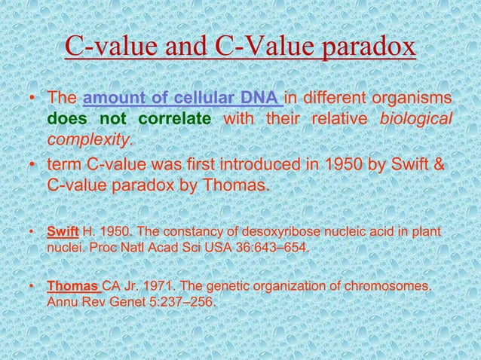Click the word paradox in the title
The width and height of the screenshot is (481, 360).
(369, 46)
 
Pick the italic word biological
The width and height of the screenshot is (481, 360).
(416, 120)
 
